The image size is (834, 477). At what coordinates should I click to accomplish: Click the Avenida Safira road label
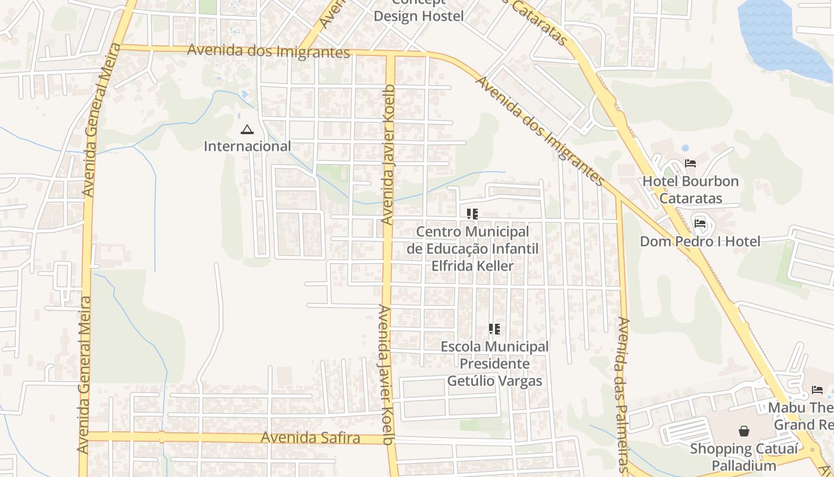point(310,438)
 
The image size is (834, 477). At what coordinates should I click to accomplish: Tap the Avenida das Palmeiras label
point(623,394)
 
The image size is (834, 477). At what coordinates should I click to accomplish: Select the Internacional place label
point(247,146)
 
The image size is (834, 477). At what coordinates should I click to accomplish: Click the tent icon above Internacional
point(247,129)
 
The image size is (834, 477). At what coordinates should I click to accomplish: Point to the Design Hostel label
point(418,16)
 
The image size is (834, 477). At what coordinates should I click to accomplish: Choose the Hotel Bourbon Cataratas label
point(690,190)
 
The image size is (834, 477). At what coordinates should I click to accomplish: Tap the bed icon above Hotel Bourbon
point(690,163)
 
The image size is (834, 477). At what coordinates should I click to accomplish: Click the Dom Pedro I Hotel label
point(700,241)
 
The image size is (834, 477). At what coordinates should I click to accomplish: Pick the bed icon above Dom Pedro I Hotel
point(700,224)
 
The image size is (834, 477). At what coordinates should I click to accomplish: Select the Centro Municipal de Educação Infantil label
point(472,248)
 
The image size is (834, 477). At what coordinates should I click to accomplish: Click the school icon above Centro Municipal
point(472,213)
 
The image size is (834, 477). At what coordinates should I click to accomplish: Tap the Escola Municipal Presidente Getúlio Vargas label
point(494,364)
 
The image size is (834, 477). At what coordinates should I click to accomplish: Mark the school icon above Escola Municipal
point(494,329)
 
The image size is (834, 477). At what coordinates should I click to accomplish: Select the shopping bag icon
point(744,430)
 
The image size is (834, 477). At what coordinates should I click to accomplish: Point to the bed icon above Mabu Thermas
point(817,390)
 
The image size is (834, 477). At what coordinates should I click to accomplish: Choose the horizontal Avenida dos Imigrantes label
point(268,51)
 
